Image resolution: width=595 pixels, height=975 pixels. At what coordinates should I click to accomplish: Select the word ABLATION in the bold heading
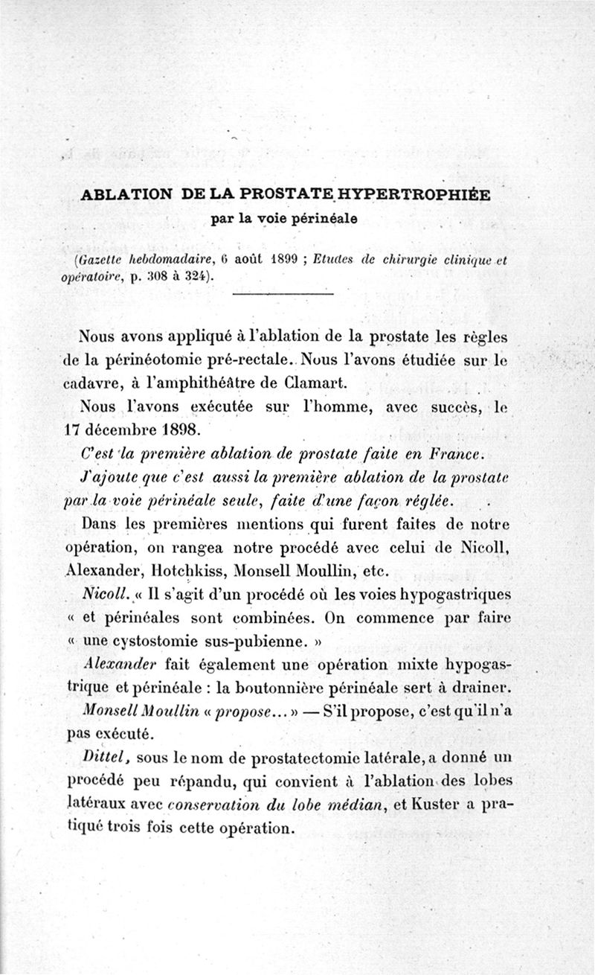tap(122, 195)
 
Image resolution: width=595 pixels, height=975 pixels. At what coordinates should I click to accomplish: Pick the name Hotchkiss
tap(179, 572)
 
